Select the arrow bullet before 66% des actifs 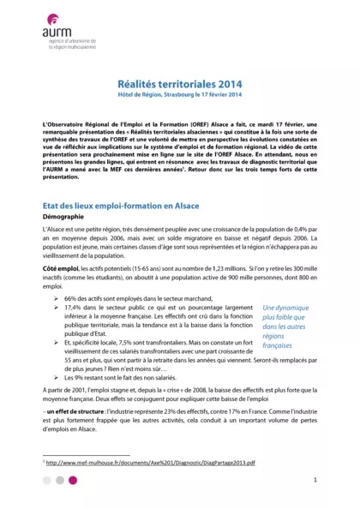coord(56,298)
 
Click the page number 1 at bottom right coord(315,481)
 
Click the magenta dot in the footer coord(73,481)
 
